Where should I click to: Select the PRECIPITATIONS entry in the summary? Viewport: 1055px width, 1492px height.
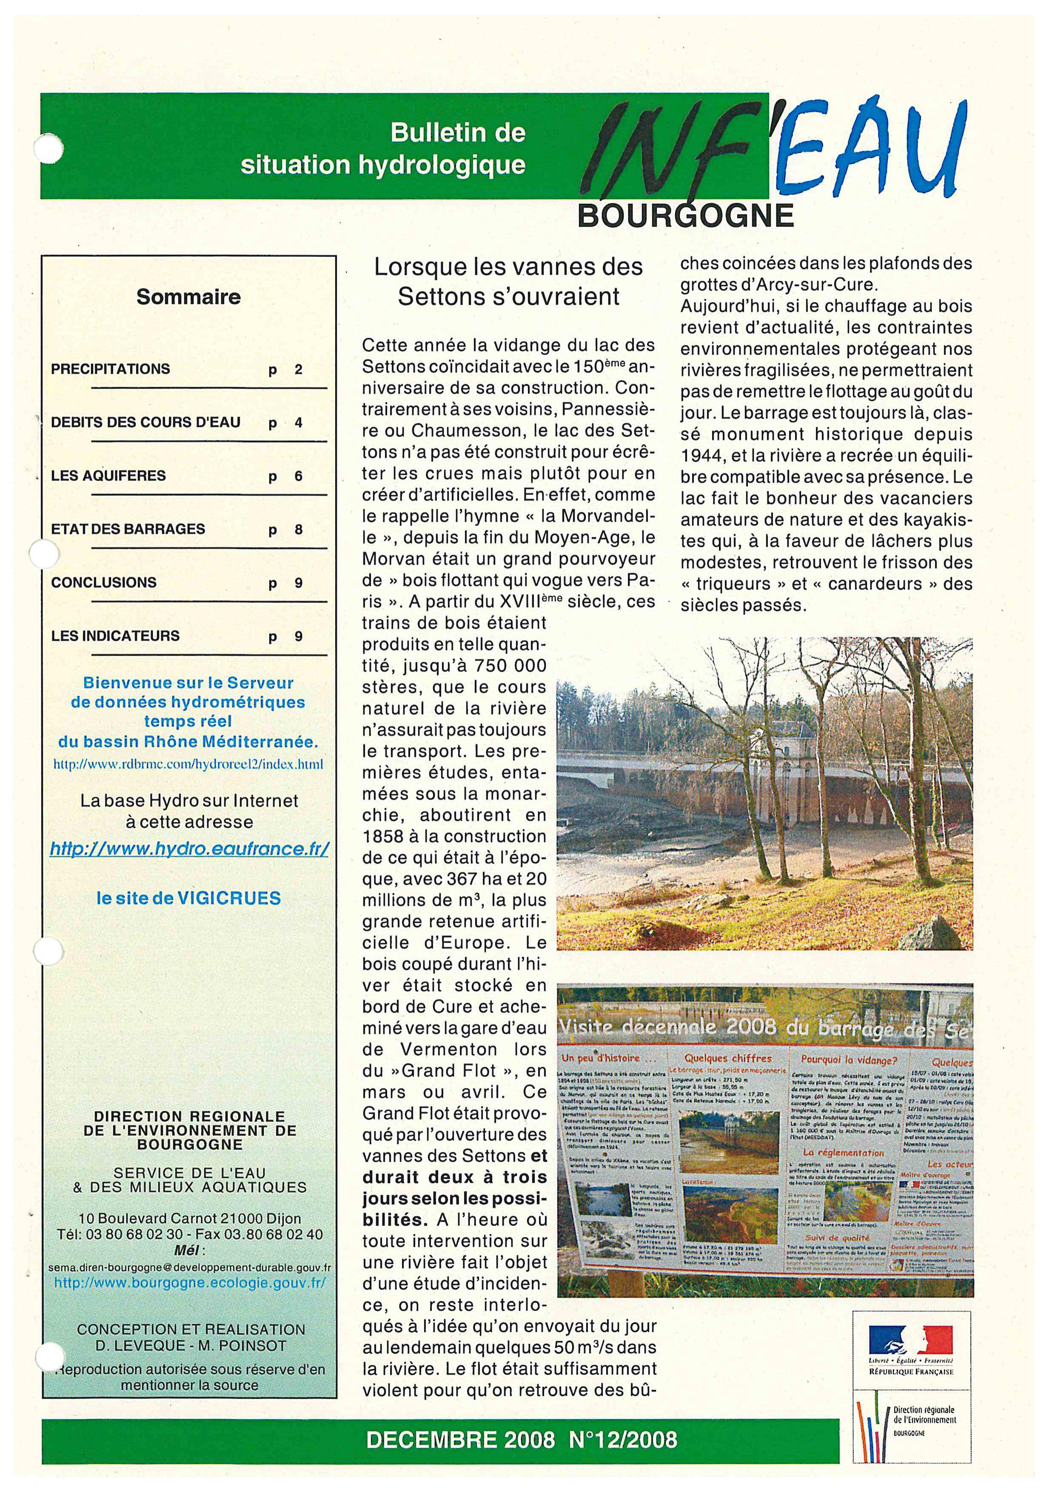pyautogui.click(x=111, y=369)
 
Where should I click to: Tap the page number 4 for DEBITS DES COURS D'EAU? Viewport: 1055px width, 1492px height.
pyautogui.click(x=298, y=423)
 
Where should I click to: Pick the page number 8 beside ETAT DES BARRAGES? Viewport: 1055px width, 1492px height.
pyautogui.click(x=298, y=530)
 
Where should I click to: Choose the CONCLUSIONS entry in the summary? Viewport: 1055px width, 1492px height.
pyautogui.click(x=104, y=582)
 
